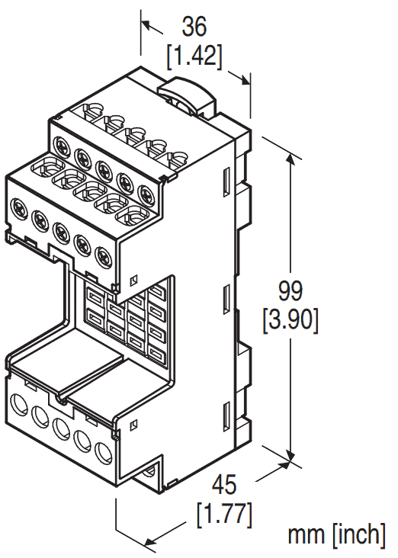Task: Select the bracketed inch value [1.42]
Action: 194,55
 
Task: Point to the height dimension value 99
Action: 290,291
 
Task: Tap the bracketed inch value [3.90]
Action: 290,319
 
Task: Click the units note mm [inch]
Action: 335,534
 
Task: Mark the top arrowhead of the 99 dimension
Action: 290,157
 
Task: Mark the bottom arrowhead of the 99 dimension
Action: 290,457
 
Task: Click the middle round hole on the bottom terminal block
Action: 60,428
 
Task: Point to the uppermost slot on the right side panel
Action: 227,179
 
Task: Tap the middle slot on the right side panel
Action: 226,296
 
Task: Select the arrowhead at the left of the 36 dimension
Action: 146,26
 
